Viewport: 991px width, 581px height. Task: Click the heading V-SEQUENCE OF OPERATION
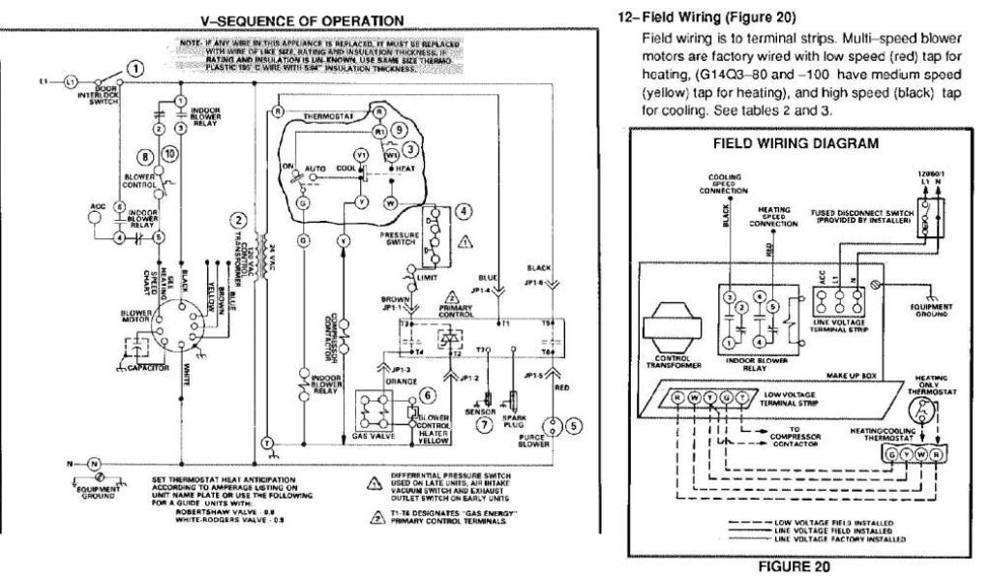click(287, 19)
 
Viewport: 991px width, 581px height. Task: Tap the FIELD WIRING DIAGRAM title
click(796, 143)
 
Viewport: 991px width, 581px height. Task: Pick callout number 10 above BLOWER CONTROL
click(170, 155)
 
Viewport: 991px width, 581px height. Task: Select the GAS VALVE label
click(374, 437)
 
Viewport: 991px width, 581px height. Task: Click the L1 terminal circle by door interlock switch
click(69, 81)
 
